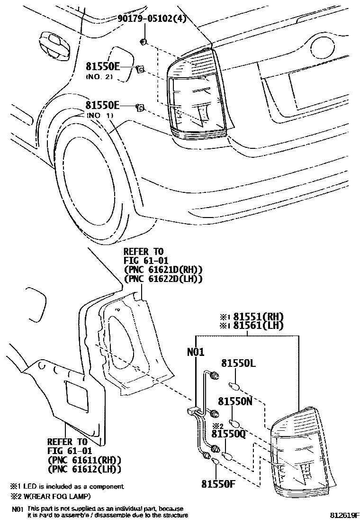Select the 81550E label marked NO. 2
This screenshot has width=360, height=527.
pos(102,66)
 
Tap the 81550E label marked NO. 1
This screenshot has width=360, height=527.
pos(102,105)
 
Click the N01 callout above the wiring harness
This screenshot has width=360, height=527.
pos(196,352)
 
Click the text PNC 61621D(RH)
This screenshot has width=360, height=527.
pos(163,270)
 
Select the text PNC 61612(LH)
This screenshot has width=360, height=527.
pos(84,469)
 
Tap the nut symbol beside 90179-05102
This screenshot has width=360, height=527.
pos(144,42)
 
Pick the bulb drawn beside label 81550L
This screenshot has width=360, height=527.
pos(233,385)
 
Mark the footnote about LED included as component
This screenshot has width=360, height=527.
pos(67,486)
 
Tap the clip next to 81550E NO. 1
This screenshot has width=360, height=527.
pos(140,108)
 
